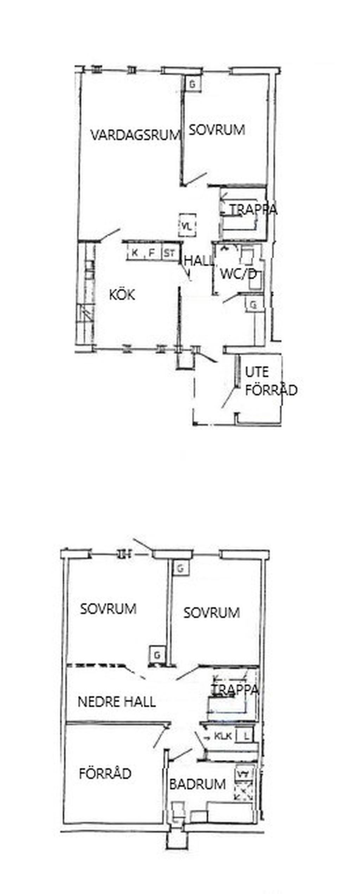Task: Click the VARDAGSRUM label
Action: point(135,135)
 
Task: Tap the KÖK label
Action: point(122,295)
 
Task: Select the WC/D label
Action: point(238,274)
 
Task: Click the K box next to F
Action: point(135,252)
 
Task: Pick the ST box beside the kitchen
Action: point(169,252)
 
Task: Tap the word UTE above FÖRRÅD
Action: point(257,372)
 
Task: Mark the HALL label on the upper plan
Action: point(199,261)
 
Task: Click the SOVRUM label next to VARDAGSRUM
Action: point(217,130)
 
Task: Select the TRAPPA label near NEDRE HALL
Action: point(235,690)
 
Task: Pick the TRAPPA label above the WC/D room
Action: point(253,210)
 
